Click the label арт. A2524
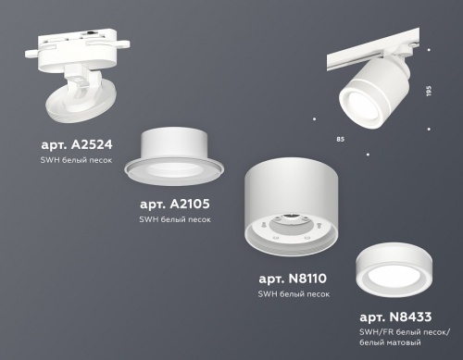pyautogui.click(x=69, y=145)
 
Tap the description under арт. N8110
pyautogui.click(x=294, y=293)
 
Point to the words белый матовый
pyautogui.click(x=387, y=343)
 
